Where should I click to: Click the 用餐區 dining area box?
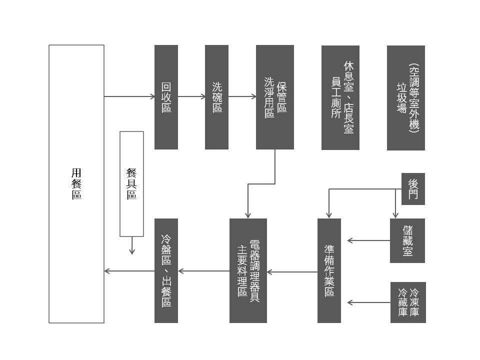point(76,183)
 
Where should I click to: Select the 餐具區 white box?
point(131,183)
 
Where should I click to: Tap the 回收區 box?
point(166,97)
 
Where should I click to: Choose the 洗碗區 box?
point(216,97)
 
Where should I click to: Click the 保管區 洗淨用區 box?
point(274,97)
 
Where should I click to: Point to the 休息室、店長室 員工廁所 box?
point(340,97)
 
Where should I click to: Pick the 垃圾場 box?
point(405,97)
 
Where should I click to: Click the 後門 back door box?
point(413,189)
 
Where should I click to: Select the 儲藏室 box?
point(407,240)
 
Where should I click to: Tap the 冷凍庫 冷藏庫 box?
point(408,302)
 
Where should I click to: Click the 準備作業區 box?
point(329,270)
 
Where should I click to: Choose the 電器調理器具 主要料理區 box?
point(248,270)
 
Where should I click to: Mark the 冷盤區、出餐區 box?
point(166,270)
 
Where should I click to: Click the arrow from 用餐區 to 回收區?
point(129,96)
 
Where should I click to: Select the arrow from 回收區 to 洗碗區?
point(191,96)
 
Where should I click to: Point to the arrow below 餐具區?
point(132,245)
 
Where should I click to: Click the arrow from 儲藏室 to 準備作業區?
point(369,240)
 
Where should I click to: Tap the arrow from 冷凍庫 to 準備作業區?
point(369,302)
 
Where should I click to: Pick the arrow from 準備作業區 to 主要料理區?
point(292,272)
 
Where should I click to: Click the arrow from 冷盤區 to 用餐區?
point(129,271)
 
